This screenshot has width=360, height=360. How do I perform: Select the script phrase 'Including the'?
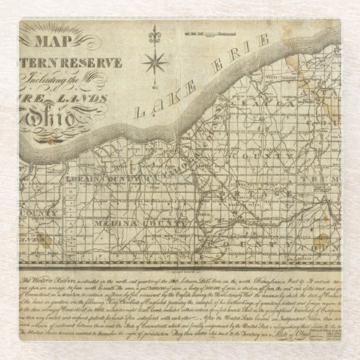(x=65, y=79)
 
